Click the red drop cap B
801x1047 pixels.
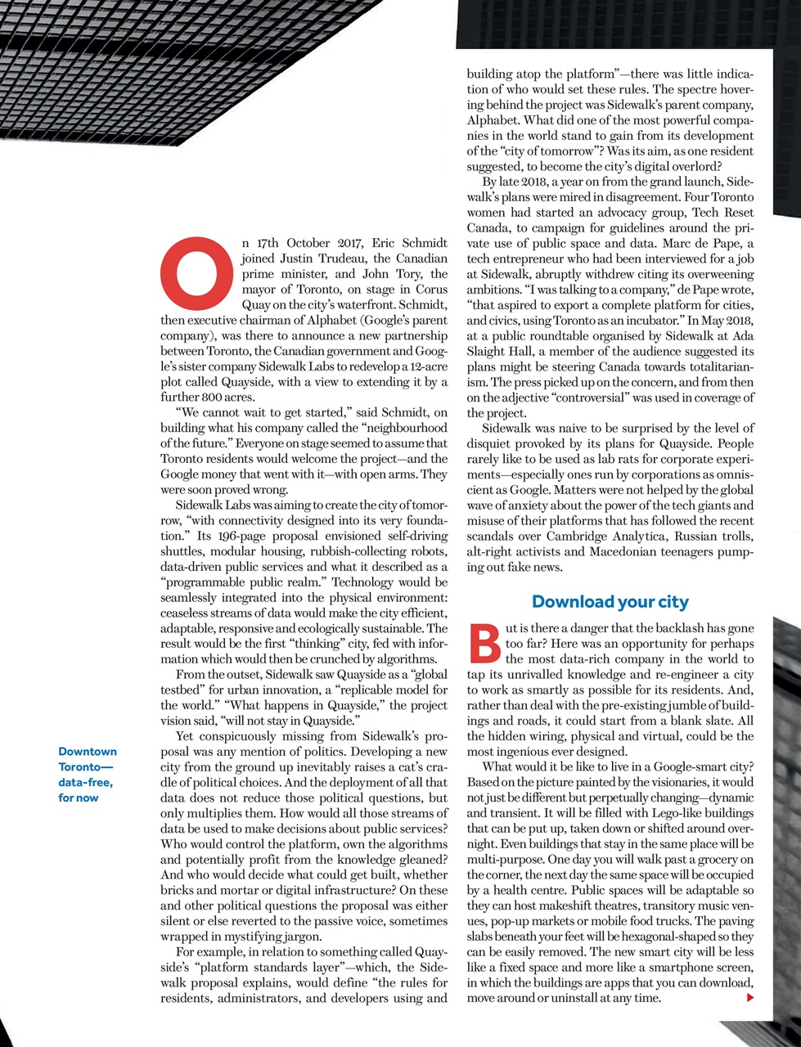484,644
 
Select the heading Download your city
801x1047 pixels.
610,602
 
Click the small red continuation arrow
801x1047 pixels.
750,998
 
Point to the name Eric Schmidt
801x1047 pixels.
409,243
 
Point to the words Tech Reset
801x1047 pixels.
723,213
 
